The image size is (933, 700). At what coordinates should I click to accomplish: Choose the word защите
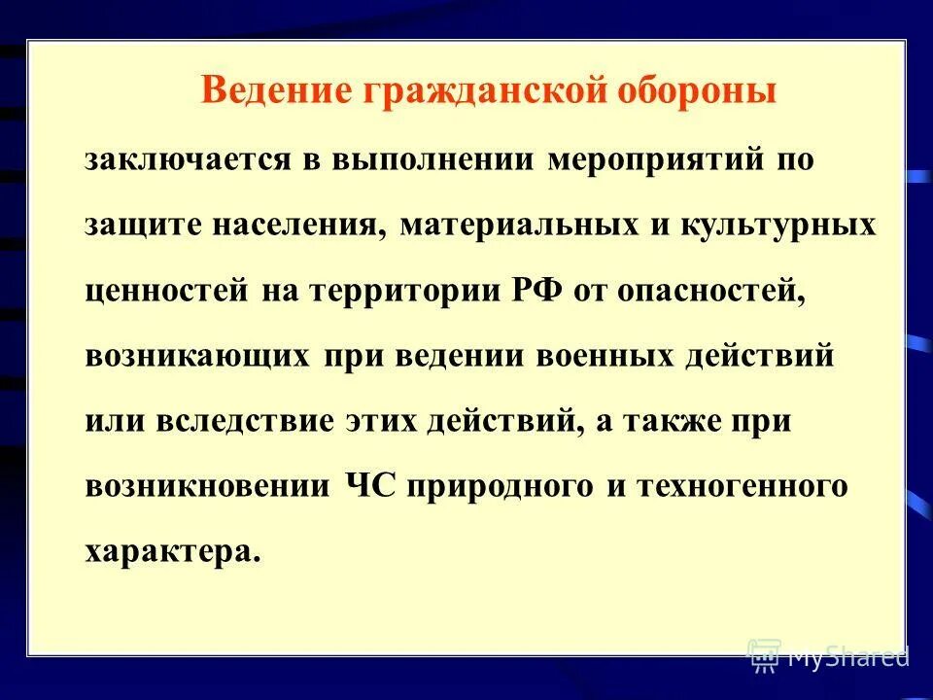(x=136, y=226)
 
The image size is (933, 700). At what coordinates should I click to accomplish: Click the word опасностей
(x=709, y=291)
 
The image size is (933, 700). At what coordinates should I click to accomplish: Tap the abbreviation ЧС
(x=371, y=485)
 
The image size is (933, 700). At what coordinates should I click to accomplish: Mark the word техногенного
(x=743, y=485)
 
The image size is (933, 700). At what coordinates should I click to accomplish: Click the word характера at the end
(x=172, y=550)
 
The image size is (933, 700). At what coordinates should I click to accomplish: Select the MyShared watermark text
(x=847, y=657)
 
